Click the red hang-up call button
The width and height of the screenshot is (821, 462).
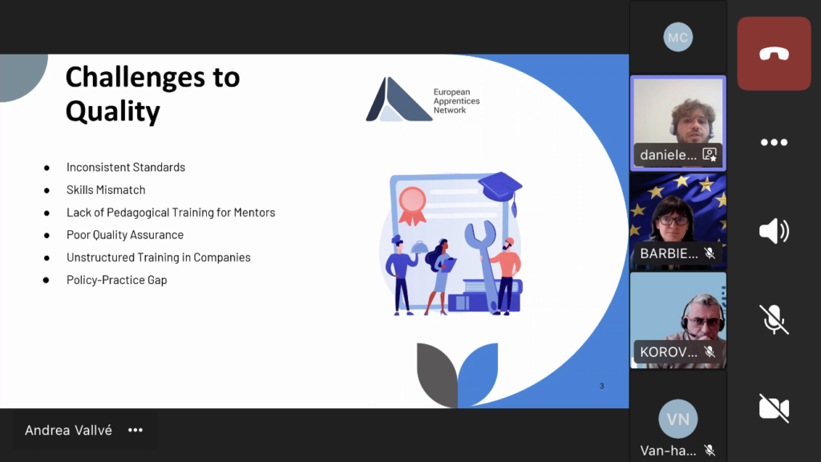pos(774,54)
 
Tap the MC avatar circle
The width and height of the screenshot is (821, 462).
pos(678,37)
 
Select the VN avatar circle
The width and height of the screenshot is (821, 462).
pos(678,419)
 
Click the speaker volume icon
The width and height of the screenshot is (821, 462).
pos(774,231)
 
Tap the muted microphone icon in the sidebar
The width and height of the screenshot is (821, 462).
pos(774,319)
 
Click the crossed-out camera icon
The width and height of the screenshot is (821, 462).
pos(774,407)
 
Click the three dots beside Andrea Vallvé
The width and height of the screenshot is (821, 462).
pos(135,430)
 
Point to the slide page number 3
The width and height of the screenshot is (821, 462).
pos(601,386)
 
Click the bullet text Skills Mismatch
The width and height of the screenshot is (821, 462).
pos(106,189)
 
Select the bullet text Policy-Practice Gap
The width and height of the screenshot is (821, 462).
pos(117,280)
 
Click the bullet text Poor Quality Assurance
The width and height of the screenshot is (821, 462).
pos(125,235)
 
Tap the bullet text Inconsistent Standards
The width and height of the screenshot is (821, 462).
pos(126,167)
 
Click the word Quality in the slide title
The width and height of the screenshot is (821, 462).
pos(112,111)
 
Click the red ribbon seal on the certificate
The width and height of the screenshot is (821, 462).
pos(413,205)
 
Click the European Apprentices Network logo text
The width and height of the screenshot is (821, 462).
pos(456,101)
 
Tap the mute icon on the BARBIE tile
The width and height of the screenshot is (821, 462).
pos(710,253)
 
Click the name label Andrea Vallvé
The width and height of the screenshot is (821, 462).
pos(69,430)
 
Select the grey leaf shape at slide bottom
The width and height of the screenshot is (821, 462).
pos(437,373)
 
